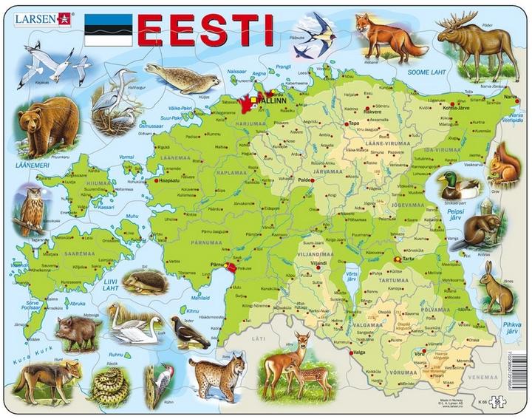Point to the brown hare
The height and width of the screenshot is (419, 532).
click(x=497, y=288)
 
